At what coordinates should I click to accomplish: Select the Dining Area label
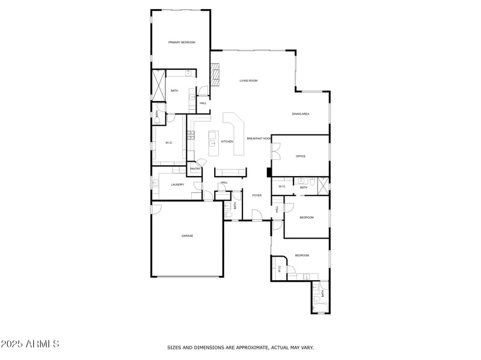tap(301, 114)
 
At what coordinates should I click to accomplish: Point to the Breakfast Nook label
tap(259, 138)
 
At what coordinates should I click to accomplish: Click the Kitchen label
tap(227, 141)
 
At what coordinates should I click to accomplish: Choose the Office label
tap(301, 156)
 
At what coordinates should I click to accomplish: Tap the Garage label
tap(188, 236)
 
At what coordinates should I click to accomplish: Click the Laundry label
tap(177, 185)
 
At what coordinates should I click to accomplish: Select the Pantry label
tap(195, 169)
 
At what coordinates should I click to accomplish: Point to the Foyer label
tap(257, 195)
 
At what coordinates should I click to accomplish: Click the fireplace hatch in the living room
tap(215, 74)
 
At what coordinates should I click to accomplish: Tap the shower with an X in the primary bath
tap(159, 85)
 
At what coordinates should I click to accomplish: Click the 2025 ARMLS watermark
tap(30, 344)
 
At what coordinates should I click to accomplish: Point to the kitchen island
tap(213, 139)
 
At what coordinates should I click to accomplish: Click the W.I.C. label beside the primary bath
tap(169, 142)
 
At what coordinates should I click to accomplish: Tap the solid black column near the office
tap(268, 172)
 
